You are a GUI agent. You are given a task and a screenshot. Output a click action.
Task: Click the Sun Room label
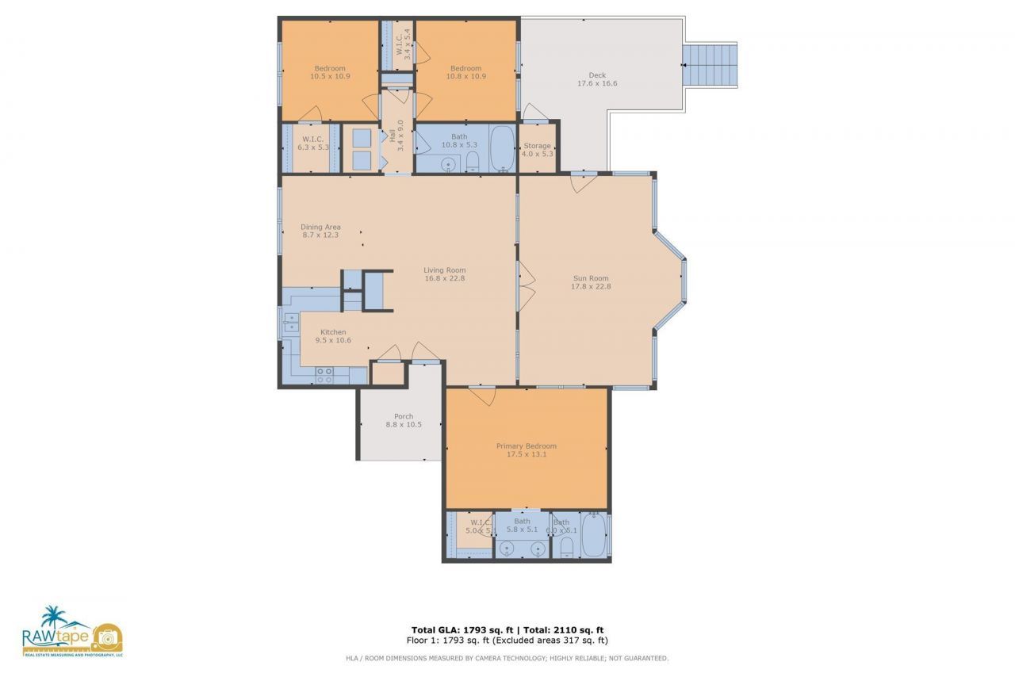tap(592, 278)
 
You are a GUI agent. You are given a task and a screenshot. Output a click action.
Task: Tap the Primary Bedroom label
tap(527, 446)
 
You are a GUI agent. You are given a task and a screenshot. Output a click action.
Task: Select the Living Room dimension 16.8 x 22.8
tap(444, 278)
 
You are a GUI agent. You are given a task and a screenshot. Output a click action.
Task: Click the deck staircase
tap(710, 65)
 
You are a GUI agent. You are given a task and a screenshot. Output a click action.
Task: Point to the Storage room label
tap(537, 146)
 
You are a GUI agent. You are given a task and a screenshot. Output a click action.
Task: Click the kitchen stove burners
tap(324, 375)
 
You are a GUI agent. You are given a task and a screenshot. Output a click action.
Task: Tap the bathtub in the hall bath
tap(502, 147)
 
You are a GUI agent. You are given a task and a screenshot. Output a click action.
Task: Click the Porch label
tap(404, 417)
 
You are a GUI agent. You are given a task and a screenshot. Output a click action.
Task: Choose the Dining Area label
tap(320, 227)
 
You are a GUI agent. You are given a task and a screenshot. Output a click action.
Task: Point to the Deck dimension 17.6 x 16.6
tap(597, 83)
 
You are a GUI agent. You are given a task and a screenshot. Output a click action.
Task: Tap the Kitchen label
tap(333, 332)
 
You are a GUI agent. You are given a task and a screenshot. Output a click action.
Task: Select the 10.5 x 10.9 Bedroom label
tap(330, 68)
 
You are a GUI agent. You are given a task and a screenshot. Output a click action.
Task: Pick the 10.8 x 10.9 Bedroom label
tap(466, 68)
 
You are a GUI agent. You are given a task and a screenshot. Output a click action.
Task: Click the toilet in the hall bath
tap(473, 163)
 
